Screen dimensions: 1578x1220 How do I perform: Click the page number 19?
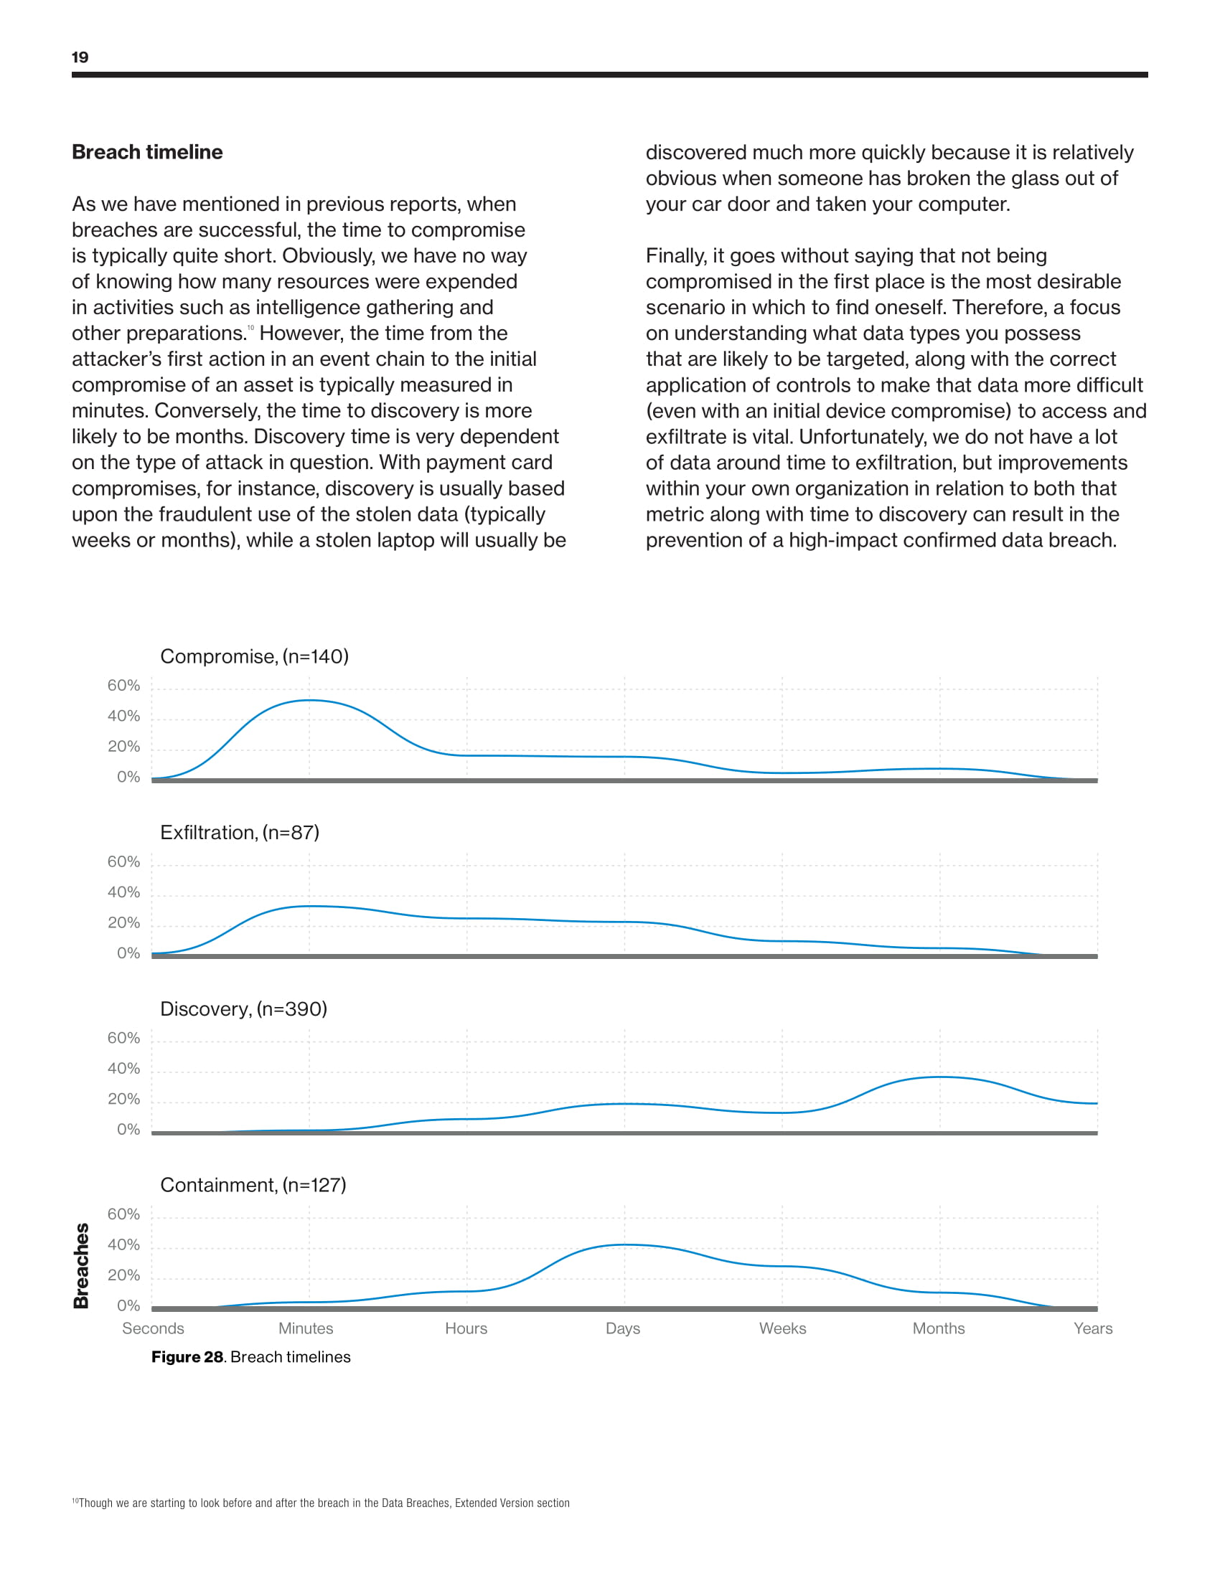tap(80, 57)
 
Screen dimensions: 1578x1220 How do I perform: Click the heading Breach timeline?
tap(147, 152)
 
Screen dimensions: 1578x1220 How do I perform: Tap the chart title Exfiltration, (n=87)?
tap(239, 832)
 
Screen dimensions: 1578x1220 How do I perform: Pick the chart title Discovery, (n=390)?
tap(243, 1008)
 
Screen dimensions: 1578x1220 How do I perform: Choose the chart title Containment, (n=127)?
tap(253, 1185)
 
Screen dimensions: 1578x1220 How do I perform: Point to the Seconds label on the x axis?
tap(154, 1328)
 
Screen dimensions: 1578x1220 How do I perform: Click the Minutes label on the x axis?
tap(306, 1328)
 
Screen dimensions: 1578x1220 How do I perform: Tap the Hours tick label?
tap(466, 1328)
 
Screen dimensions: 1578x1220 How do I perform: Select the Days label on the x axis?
tap(623, 1328)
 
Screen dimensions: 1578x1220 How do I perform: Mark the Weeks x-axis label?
tap(783, 1328)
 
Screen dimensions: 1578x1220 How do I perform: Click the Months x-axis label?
tap(939, 1328)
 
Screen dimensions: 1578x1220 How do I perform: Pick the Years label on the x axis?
tap(1093, 1328)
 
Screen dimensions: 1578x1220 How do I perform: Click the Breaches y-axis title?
tap(82, 1266)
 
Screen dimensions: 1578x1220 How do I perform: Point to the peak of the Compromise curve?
tap(309, 700)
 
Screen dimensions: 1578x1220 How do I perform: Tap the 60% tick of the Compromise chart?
tap(123, 685)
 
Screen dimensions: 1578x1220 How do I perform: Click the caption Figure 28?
tap(187, 1357)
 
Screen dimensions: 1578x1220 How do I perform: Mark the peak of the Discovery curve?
tap(939, 1077)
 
